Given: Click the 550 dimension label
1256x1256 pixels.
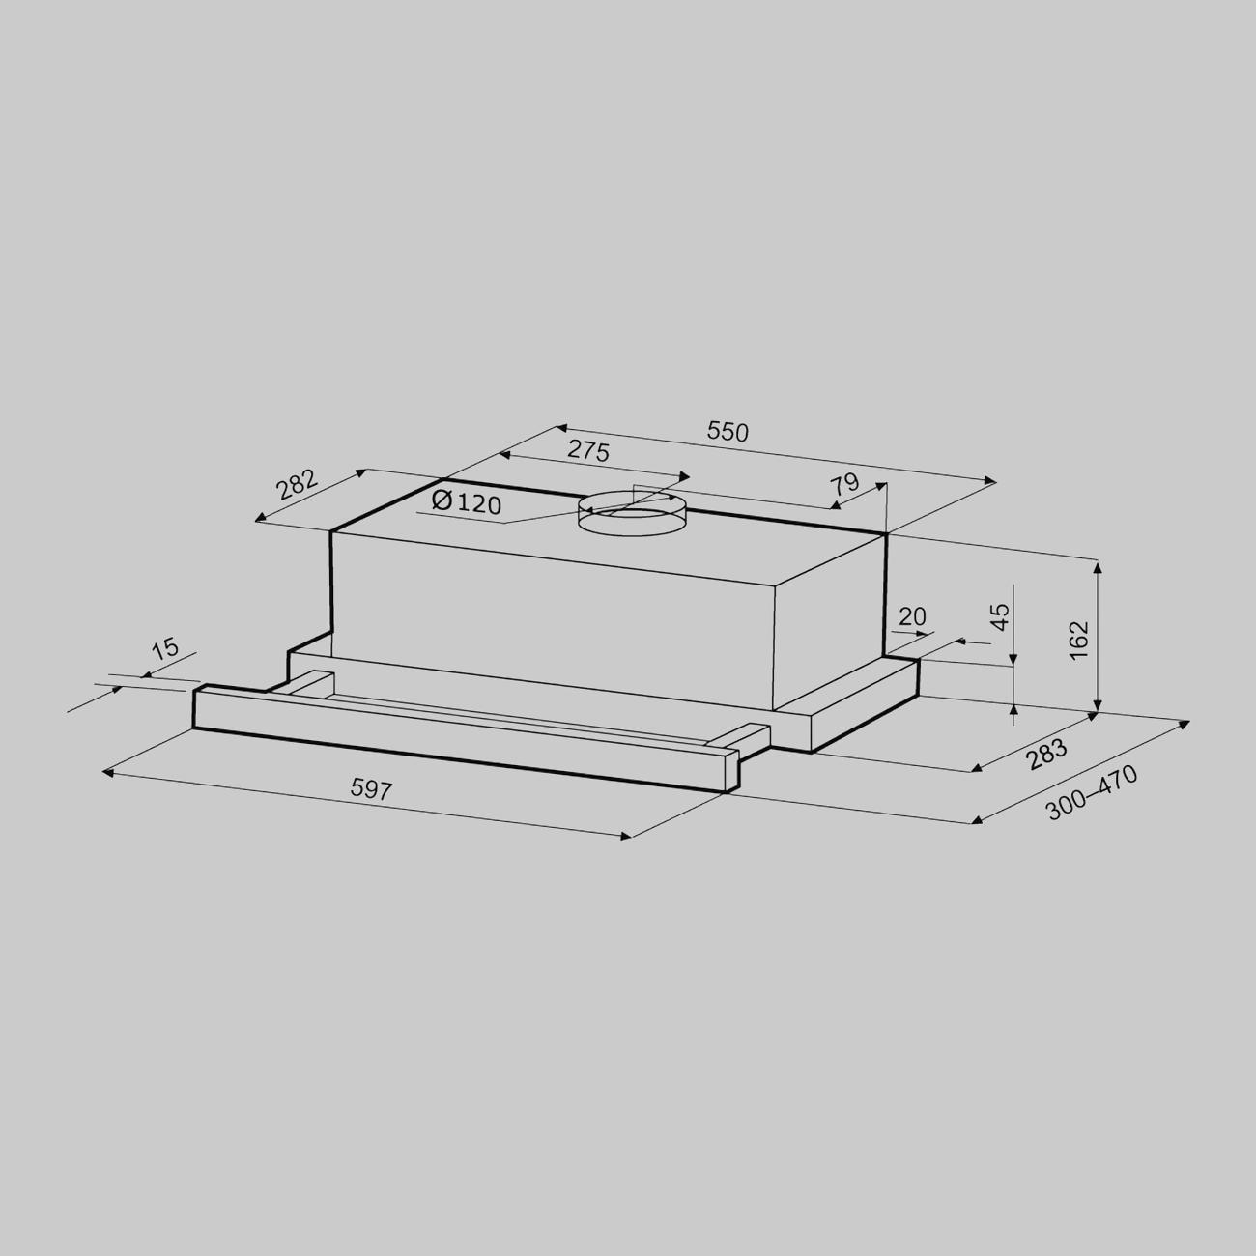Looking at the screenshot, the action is coord(728,432).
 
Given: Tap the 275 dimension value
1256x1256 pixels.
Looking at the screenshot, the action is coord(588,451).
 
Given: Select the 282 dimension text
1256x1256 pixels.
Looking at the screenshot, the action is coord(297,484).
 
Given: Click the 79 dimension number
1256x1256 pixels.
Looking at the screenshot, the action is coord(844,486).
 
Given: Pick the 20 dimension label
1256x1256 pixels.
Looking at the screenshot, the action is coord(912,616).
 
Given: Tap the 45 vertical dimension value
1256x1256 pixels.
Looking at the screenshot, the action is coord(1001,616).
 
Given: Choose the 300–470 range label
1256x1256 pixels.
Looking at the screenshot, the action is coord(1092,792).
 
